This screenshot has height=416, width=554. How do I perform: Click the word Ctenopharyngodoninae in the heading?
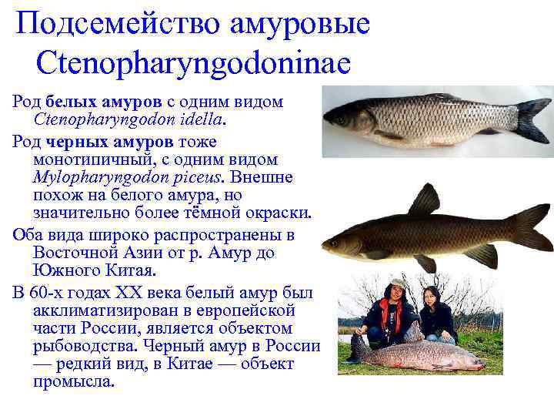pos(192,62)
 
